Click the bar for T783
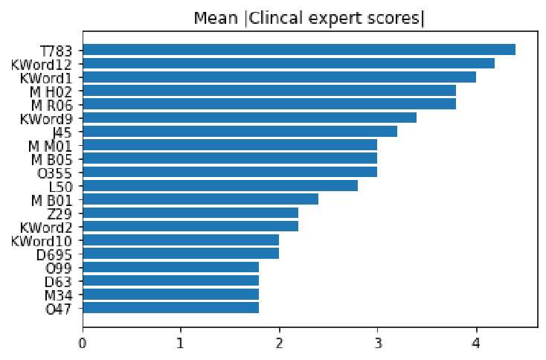298,50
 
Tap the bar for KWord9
249,118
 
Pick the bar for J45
240,131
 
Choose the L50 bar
220,185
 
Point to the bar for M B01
200,199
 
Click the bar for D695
181,253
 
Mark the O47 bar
171,307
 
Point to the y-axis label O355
60,172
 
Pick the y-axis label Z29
63,213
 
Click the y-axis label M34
62,294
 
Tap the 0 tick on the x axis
83,343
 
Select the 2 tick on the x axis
279,343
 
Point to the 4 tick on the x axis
476,343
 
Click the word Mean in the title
211,18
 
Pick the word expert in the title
335,19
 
